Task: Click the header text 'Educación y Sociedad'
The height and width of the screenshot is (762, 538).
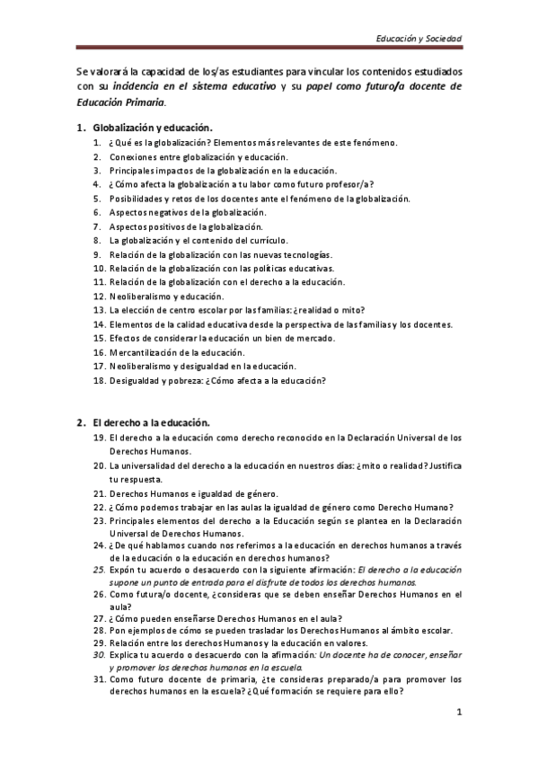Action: (x=419, y=40)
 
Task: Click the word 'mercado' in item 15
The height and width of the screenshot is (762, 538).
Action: (x=313, y=338)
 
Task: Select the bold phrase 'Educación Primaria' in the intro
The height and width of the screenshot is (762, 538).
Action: (x=116, y=102)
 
